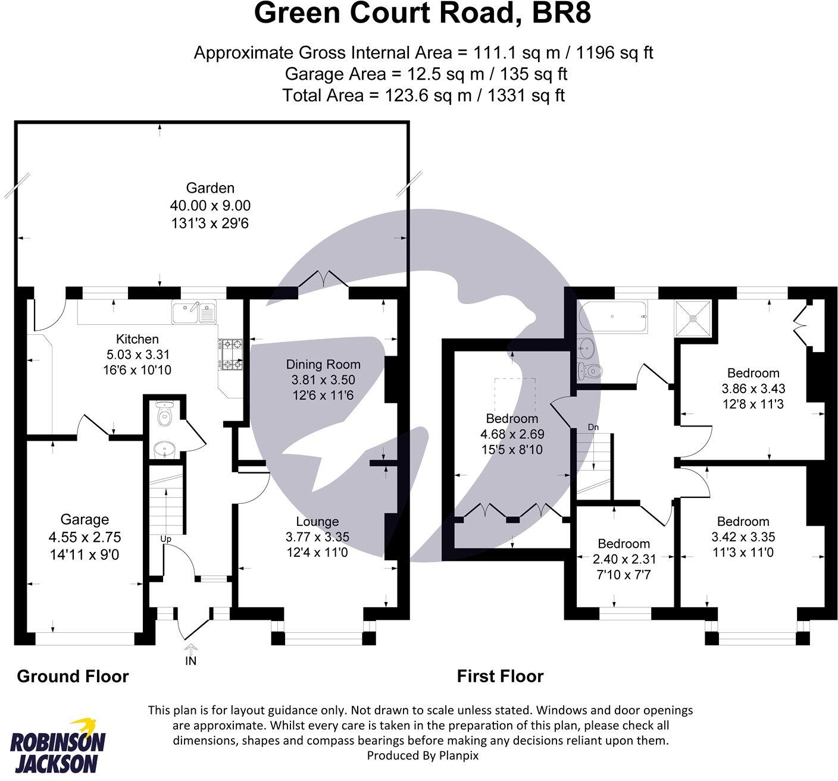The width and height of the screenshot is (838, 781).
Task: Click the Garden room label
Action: point(210,188)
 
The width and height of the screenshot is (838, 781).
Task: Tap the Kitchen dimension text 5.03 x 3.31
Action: point(137,355)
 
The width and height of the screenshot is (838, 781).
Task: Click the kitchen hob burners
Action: point(231,355)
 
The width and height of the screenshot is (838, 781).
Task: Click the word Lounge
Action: point(317,522)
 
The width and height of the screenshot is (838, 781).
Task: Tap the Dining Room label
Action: point(323,364)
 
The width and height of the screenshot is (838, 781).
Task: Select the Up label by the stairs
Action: point(166,539)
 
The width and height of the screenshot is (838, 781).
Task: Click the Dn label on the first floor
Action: point(593,427)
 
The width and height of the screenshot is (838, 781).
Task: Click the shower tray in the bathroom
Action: point(694,318)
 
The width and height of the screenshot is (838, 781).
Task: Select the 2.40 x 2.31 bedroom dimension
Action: point(624,559)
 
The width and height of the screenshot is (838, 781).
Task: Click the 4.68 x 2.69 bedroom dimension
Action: point(512,434)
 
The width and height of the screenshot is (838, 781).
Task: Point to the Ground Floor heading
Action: point(73,676)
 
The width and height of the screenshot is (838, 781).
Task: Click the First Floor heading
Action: point(500,676)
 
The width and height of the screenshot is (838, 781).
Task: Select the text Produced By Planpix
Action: point(422,755)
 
